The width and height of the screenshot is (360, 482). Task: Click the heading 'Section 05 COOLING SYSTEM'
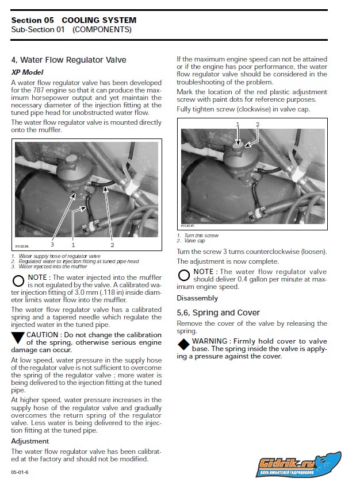pyautogui.click(x=74, y=20)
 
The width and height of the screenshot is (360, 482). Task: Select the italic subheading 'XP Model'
pyautogui.click(x=27, y=72)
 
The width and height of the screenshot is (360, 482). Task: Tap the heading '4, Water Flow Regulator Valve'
pyautogui.click(x=68, y=60)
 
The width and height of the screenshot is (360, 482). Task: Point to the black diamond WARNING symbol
pyautogui.click(x=183, y=344)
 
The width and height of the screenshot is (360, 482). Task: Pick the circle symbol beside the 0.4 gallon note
pyautogui.click(x=184, y=275)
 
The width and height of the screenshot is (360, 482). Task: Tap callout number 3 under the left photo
pyautogui.click(x=52, y=245)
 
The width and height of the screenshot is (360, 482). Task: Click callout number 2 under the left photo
pyautogui.click(x=112, y=245)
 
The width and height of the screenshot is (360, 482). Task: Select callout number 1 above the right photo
pyautogui.click(x=238, y=124)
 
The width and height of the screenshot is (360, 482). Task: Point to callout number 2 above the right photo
pyautogui.click(x=257, y=124)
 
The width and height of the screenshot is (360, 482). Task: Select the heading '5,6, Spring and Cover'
pyautogui.click(x=218, y=313)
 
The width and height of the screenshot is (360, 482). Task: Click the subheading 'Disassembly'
pyautogui.click(x=197, y=298)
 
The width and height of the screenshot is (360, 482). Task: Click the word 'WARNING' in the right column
pyautogui.click(x=210, y=341)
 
